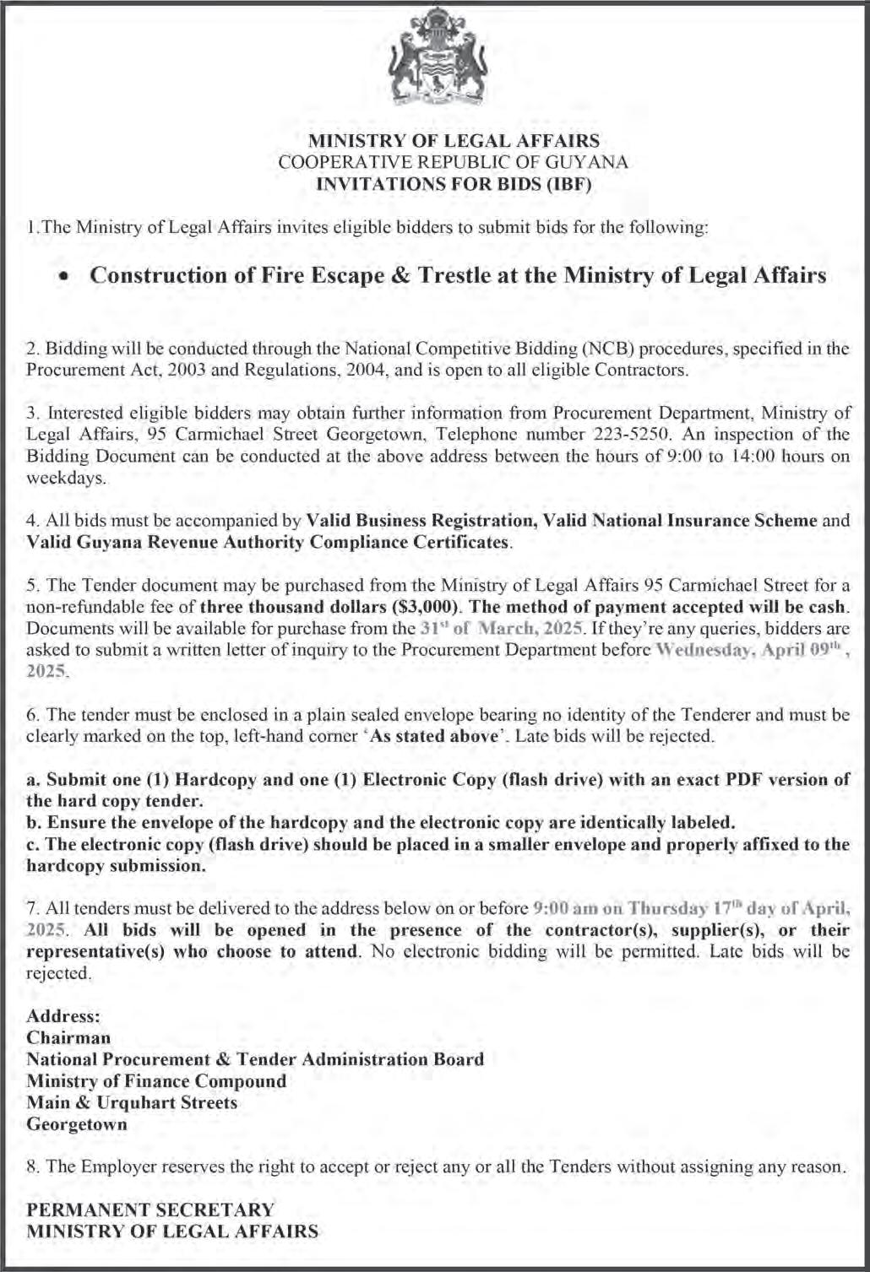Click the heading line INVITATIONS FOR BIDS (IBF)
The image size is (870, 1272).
pyautogui.click(x=453, y=184)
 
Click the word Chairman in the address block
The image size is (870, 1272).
pyautogui.click(x=68, y=1037)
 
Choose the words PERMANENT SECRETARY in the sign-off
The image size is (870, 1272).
pyautogui.click(x=150, y=1210)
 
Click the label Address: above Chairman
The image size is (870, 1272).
pyautogui.click(x=63, y=1016)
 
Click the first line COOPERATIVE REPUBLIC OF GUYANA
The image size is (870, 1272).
pyautogui.click(x=453, y=163)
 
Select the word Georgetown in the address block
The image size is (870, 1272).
pyautogui.click(x=77, y=1124)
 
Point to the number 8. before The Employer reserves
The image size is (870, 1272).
pyautogui.click(x=34, y=1167)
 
